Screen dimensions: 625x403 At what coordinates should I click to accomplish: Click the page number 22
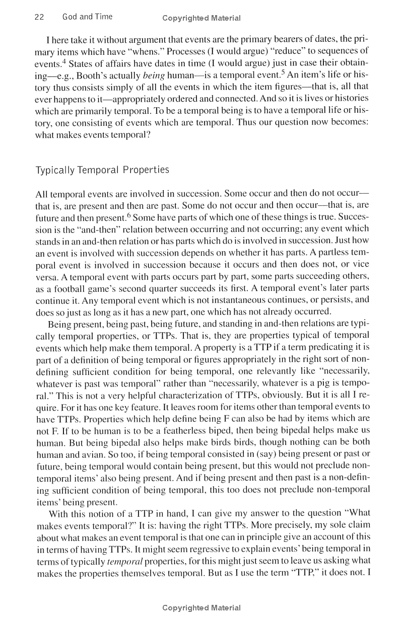(39, 17)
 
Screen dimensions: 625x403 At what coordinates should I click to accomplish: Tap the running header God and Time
(87, 17)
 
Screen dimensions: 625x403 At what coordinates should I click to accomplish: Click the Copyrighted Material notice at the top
(201, 18)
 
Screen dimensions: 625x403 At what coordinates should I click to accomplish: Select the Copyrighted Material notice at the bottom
(201, 607)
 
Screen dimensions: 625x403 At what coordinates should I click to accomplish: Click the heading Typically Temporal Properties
(101, 170)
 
